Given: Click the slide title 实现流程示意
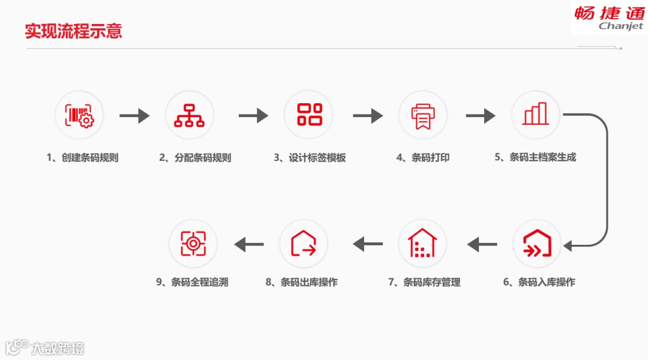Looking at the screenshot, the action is (x=73, y=31).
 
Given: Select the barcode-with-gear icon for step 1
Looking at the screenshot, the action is (x=79, y=115).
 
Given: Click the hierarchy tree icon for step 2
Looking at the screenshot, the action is (x=189, y=115).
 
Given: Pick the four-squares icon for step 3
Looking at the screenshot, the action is (x=310, y=115).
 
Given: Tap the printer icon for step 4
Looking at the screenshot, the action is (x=423, y=115).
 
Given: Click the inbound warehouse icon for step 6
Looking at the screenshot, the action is (x=536, y=243).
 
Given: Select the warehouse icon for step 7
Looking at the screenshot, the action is (x=422, y=243).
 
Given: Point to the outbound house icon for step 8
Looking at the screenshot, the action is (x=304, y=243).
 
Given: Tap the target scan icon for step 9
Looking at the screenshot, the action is (x=193, y=243).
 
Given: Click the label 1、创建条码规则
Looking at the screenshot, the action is (x=82, y=158).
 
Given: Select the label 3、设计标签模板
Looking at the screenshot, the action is (x=310, y=158).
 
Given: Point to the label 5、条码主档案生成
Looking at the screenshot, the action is (x=535, y=158).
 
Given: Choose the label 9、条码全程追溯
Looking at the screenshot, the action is (x=192, y=282).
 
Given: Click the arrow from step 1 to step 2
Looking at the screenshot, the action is (x=134, y=115).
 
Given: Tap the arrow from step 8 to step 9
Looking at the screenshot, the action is (x=249, y=244).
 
